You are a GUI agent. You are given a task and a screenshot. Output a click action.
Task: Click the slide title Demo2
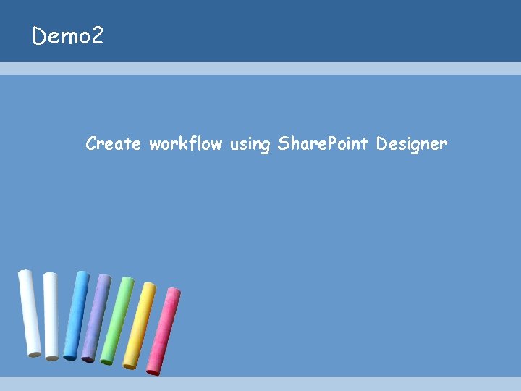pos(68,35)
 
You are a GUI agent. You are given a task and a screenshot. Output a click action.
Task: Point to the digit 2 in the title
pos(97,35)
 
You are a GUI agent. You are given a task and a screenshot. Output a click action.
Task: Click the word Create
pos(113,144)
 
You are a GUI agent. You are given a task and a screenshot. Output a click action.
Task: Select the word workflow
pos(185,144)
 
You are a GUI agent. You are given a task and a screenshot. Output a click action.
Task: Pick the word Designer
pos(412,145)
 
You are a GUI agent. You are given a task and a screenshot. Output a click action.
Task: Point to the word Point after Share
pos(348,144)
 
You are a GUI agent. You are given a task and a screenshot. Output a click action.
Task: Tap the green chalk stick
pos(117,320)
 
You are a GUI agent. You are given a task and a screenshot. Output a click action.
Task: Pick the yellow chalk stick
pos(139,325)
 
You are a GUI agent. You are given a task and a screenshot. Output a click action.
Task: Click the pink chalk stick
pos(163,331)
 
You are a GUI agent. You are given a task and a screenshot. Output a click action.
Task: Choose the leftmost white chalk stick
pos(30,313)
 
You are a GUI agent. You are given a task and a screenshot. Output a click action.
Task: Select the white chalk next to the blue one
pos(51,316)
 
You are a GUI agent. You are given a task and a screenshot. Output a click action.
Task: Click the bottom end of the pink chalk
pos(153,370)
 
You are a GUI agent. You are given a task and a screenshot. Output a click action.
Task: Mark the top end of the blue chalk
pos(82,275)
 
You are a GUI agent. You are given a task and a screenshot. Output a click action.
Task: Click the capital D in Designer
pos(381,144)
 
